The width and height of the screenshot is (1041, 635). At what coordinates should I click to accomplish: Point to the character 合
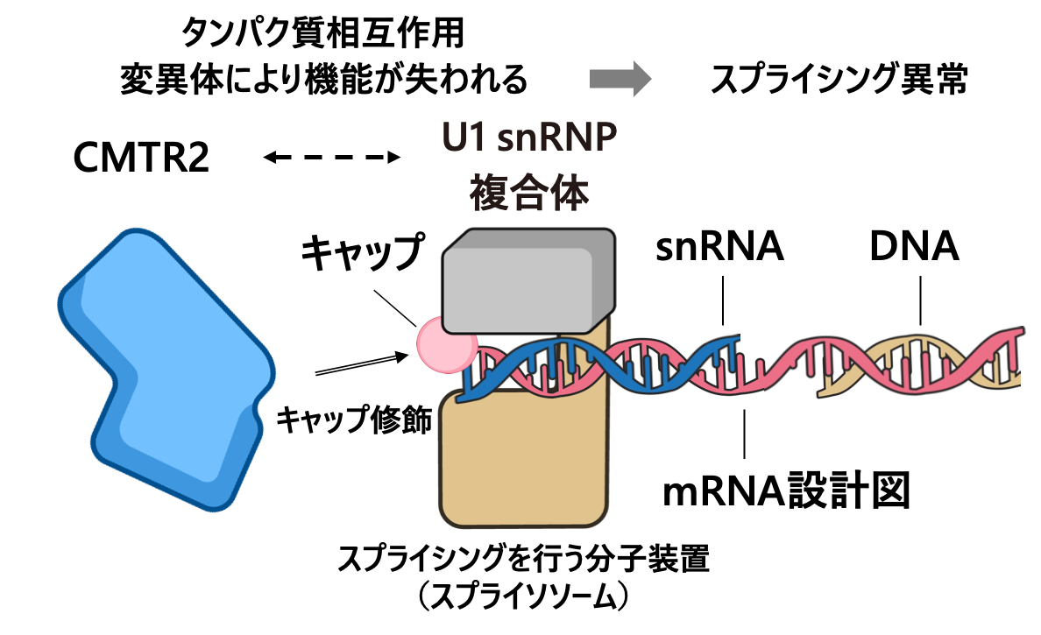[x=529, y=194]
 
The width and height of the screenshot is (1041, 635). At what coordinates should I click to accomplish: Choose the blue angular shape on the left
[x=166, y=368]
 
